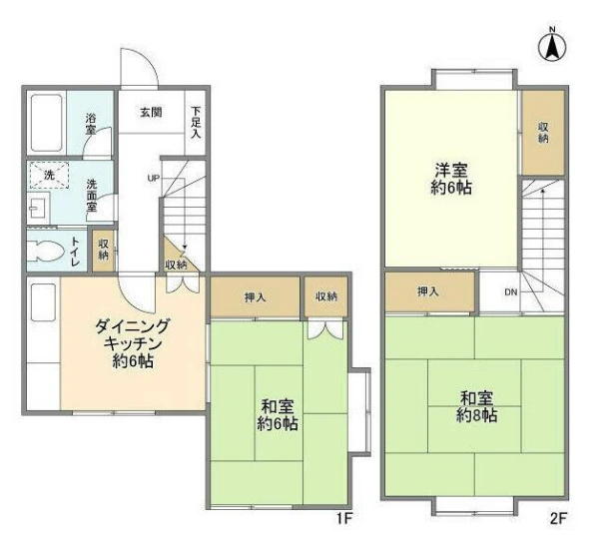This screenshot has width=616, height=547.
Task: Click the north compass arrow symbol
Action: click(x=552, y=46)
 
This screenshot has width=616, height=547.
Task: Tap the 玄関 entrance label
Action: click(x=151, y=113)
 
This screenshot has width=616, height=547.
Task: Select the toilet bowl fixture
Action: click(x=46, y=250)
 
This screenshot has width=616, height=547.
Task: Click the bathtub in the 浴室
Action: click(x=47, y=123)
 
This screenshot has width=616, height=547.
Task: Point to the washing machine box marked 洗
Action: click(x=49, y=175)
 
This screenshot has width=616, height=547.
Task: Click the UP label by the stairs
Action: click(x=153, y=179)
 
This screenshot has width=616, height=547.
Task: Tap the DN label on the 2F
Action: click(x=511, y=292)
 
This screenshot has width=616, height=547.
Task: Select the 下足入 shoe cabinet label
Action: click(x=196, y=122)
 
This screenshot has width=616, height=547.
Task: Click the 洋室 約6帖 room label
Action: click(x=451, y=179)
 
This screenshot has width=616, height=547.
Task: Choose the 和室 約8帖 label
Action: click(x=476, y=406)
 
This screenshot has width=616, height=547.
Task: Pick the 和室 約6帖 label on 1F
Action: click(x=278, y=415)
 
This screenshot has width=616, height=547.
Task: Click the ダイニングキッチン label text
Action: click(x=133, y=334)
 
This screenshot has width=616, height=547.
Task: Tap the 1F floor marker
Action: click(x=343, y=519)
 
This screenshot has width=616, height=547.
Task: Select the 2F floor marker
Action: click(x=559, y=519)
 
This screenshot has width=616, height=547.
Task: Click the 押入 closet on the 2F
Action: click(x=430, y=292)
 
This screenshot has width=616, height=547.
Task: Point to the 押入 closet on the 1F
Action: click(x=256, y=297)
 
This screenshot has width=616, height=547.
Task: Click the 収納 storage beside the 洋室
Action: click(x=543, y=133)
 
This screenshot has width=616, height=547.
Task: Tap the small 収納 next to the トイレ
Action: click(x=103, y=250)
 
